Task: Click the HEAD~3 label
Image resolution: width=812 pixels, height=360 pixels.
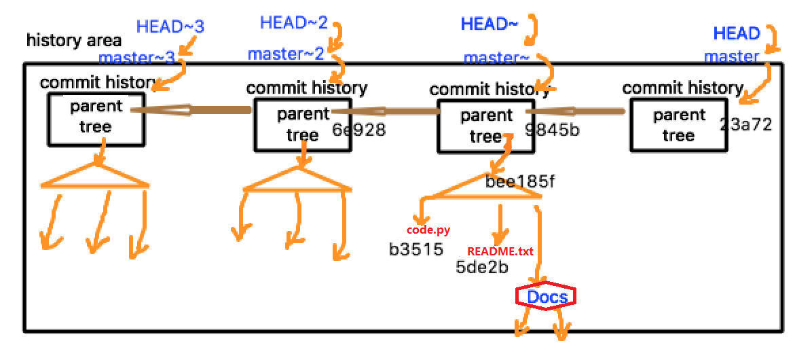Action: point(170,26)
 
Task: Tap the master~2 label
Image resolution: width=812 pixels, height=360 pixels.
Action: point(286,54)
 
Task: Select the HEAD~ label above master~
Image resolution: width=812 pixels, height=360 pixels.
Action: point(490,24)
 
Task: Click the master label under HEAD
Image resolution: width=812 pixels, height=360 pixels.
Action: point(731,57)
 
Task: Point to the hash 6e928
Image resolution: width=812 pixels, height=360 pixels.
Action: point(358,130)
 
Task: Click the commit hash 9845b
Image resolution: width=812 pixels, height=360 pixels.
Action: point(553,130)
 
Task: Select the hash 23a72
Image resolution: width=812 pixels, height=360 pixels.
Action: point(746,125)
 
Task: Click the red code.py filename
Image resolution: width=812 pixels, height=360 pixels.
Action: point(428,231)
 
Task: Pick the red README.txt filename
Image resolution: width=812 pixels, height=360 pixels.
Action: point(500,251)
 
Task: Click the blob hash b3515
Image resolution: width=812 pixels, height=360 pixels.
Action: point(416,249)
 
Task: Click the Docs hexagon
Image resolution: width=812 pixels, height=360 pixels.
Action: point(547,297)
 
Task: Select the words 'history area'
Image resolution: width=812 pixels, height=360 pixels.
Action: point(74,41)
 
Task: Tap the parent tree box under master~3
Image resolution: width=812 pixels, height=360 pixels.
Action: point(96,118)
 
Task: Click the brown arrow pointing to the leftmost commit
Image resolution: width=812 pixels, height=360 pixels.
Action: point(190,110)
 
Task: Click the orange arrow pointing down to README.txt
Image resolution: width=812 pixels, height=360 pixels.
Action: point(500,224)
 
